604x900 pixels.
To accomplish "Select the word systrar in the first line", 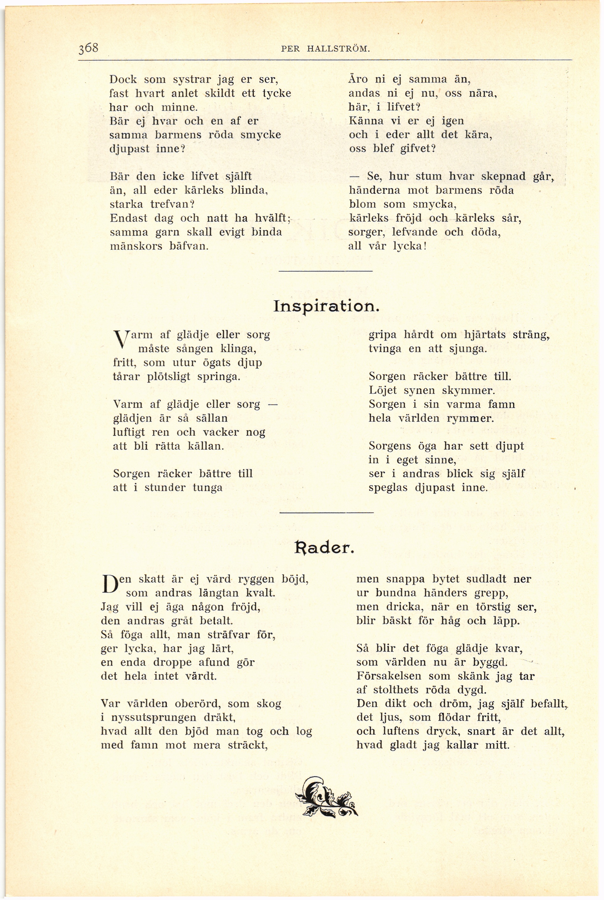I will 191,80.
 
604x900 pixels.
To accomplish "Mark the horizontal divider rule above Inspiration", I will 325,272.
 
